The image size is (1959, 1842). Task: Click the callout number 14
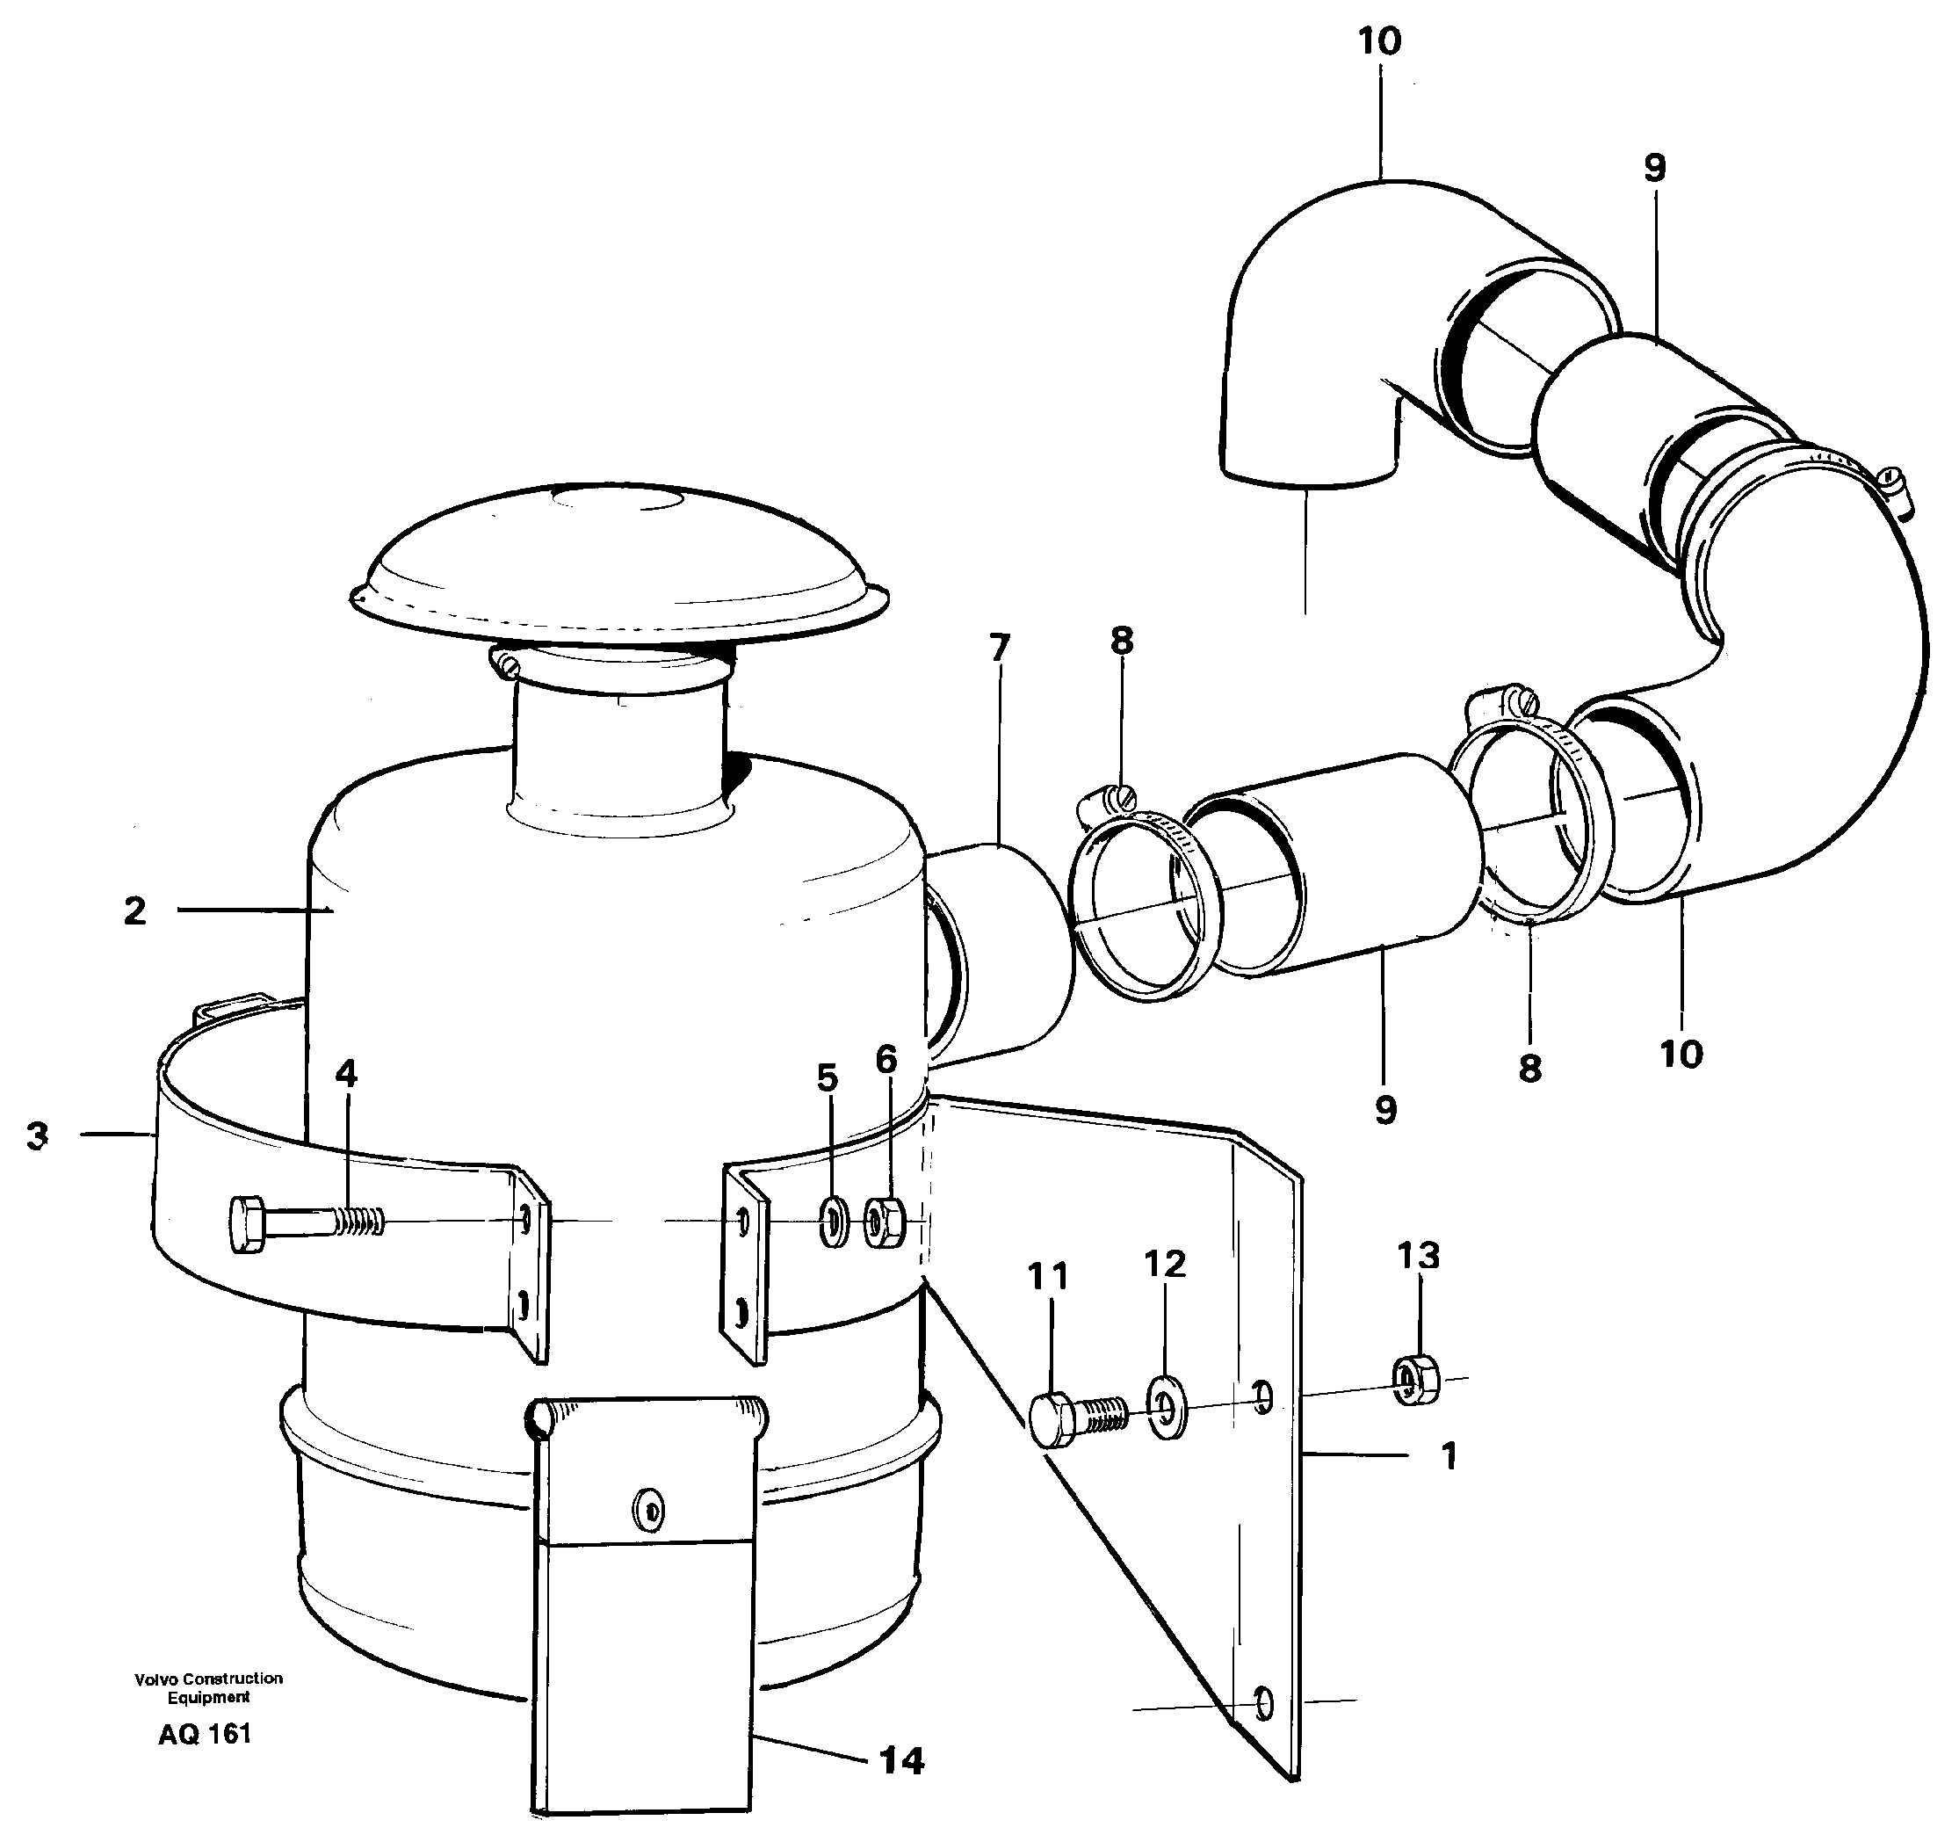(x=900, y=1760)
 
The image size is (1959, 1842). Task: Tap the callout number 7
(x=999, y=649)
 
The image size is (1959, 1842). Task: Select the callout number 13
(x=1418, y=1256)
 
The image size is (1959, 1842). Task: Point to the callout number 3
(x=38, y=1135)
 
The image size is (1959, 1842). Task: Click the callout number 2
(x=135, y=910)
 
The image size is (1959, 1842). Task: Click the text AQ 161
(x=205, y=1734)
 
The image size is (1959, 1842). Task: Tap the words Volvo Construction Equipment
(x=208, y=1687)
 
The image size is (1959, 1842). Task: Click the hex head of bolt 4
(x=248, y=1225)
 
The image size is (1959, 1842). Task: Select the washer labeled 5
(x=834, y=1223)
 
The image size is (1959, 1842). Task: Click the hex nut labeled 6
(x=885, y=1222)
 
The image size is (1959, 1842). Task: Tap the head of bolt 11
(x=1052, y=1421)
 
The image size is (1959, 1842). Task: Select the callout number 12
(x=1165, y=1264)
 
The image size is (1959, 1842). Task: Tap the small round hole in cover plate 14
(x=650, y=1511)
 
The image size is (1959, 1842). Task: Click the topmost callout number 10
(x=1378, y=41)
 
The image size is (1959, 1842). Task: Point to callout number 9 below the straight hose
(x=1385, y=1110)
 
